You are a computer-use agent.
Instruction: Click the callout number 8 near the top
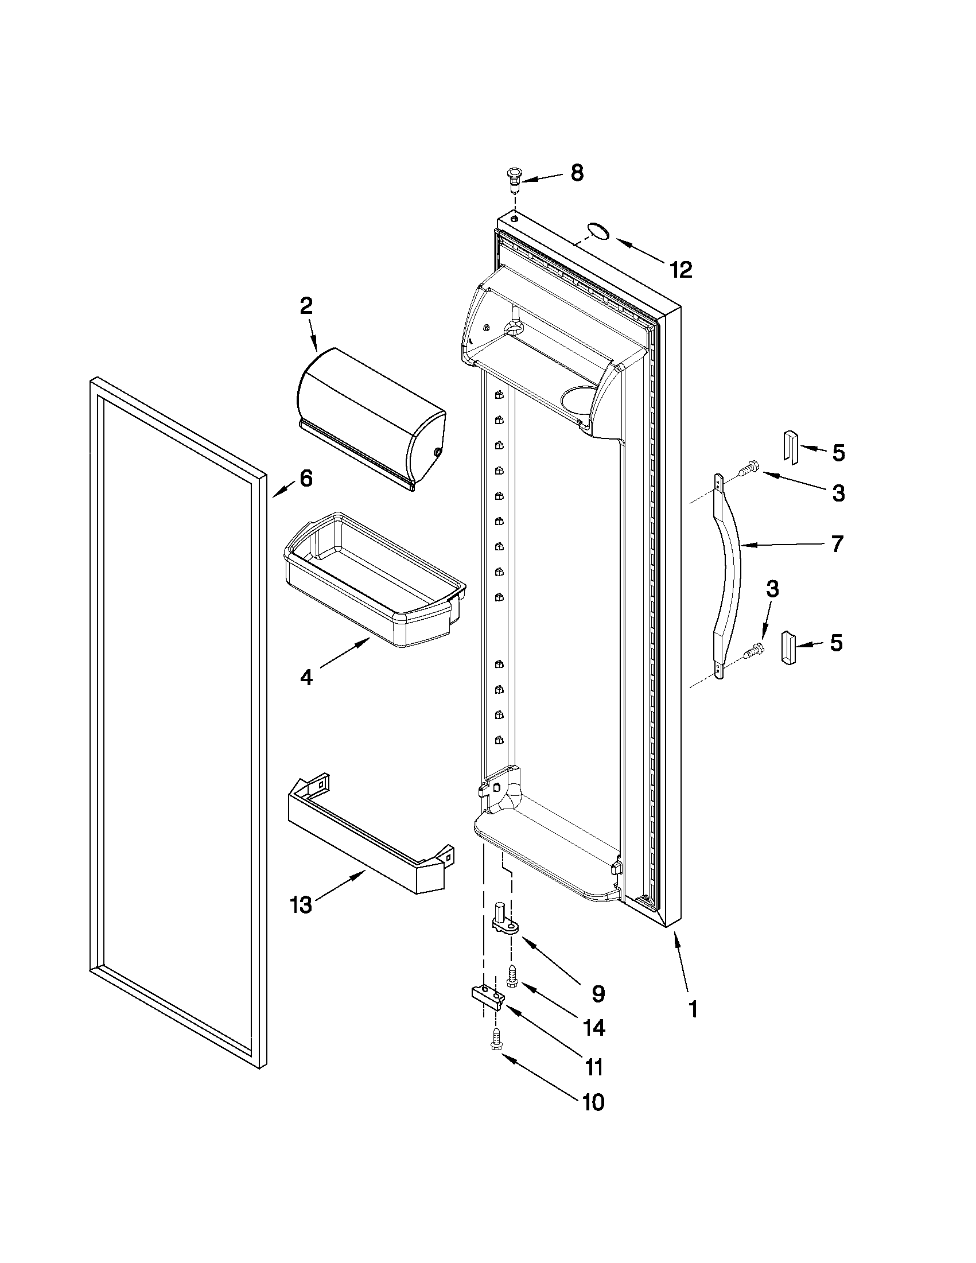click(x=577, y=173)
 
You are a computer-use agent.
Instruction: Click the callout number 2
click(x=306, y=306)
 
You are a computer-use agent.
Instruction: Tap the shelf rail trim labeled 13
click(x=370, y=833)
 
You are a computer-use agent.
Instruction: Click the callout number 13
click(x=301, y=905)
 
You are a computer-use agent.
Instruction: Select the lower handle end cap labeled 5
click(x=789, y=648)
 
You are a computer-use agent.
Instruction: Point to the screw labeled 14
click(x=512, y=976)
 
